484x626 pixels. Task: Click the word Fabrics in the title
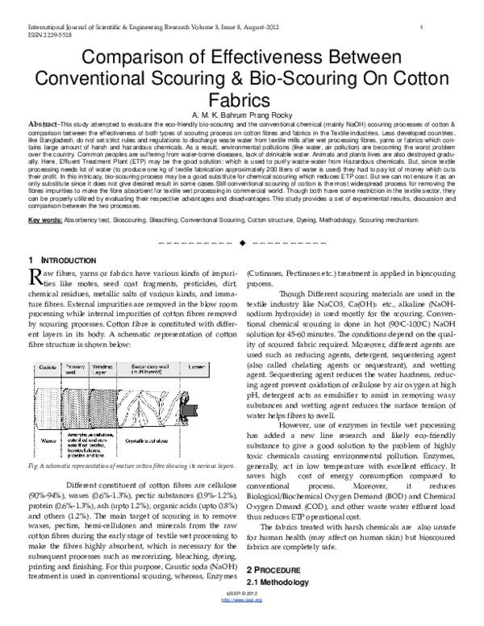(x=242, y=100)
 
